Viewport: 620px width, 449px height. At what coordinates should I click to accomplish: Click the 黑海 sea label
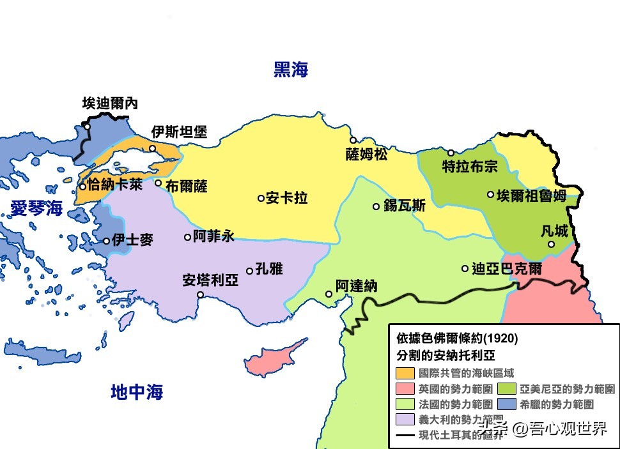point(291,70)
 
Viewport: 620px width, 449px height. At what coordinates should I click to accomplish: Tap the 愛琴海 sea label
point(36,208)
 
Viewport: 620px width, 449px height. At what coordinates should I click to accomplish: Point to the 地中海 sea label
point(137,391)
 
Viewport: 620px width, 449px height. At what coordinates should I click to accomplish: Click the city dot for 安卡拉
point(261,198)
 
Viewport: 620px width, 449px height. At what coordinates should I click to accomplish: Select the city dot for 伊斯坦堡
point(153,149)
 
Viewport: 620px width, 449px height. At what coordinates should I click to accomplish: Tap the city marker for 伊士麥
point(107,241)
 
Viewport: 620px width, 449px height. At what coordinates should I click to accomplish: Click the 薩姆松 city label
point(366,155)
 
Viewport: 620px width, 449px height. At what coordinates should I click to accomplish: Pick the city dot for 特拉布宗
point(451,153)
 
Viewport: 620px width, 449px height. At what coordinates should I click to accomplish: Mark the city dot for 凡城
point(551,244)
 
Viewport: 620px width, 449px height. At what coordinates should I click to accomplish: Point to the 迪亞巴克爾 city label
point(506,269)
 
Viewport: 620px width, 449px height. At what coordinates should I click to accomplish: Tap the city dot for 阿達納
point(329,294)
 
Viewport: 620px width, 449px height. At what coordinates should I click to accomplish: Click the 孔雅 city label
point(268,269)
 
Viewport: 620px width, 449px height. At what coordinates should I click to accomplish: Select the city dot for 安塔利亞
point(201,294)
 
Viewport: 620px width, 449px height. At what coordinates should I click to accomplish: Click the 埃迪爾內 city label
point(110,103)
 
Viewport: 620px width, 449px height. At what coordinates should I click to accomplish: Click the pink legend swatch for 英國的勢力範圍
point(405,388)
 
